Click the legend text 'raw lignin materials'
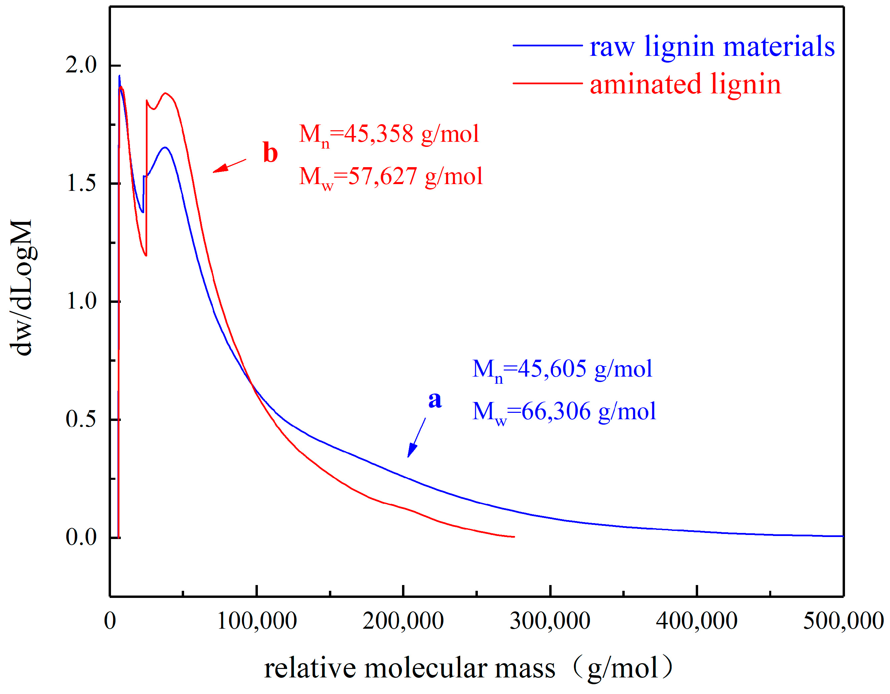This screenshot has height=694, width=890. pos(712,46)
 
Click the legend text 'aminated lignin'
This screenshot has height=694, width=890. pos(685,84)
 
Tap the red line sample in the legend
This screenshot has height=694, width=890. pos(547,83)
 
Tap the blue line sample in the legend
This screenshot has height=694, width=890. pos(547,46)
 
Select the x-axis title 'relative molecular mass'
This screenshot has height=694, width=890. pos(409,669)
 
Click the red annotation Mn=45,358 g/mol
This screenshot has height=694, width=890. pos(389,134)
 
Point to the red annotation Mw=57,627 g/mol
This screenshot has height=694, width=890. pos(391,177)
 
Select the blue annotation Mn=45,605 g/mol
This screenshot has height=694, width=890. pos(562,370)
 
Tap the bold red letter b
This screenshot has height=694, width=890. pos(270,153)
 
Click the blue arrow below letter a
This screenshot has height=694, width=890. pos(417,438)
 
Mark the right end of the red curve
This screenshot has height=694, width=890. pos(514,537)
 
